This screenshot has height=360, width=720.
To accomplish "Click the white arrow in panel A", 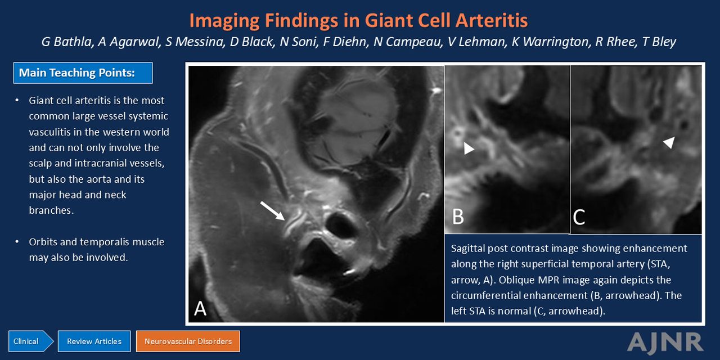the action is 273,211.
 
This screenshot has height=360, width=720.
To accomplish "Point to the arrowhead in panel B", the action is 469,148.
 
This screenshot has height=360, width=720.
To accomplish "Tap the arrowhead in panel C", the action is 669,142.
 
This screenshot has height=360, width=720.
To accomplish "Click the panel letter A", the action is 200,309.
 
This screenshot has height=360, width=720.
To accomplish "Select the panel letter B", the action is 458,217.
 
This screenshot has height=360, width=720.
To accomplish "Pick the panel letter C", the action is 579,217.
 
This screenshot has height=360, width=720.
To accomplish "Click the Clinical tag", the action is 30,341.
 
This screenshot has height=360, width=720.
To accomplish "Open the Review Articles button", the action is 94,341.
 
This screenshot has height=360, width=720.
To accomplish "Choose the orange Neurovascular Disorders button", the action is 188,341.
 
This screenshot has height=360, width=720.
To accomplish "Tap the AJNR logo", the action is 665,342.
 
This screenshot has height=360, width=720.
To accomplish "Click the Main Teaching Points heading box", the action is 83,73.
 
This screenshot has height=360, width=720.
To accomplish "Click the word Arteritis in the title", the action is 492,21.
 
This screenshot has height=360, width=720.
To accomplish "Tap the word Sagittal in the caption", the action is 468,249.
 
